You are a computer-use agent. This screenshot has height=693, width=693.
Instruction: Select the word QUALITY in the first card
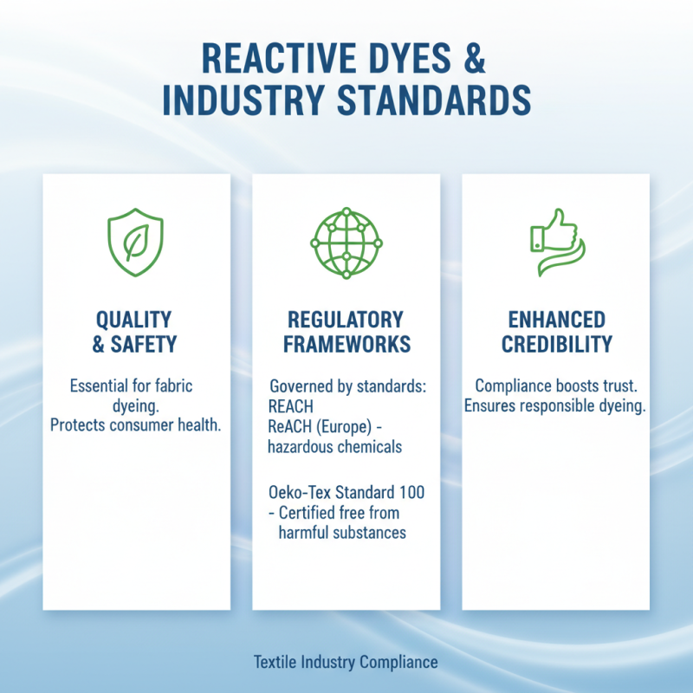pyautogui.click(x=134, y=319)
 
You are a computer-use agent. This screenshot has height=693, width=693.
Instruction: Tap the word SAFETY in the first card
pyautogui.click(x=144, y=344)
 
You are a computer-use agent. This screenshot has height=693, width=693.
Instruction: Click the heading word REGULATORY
pyautogui.click(x=346, y=319)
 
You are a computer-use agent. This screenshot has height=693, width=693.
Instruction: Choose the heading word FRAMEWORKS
pyautogui.click(x=346, y=344)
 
